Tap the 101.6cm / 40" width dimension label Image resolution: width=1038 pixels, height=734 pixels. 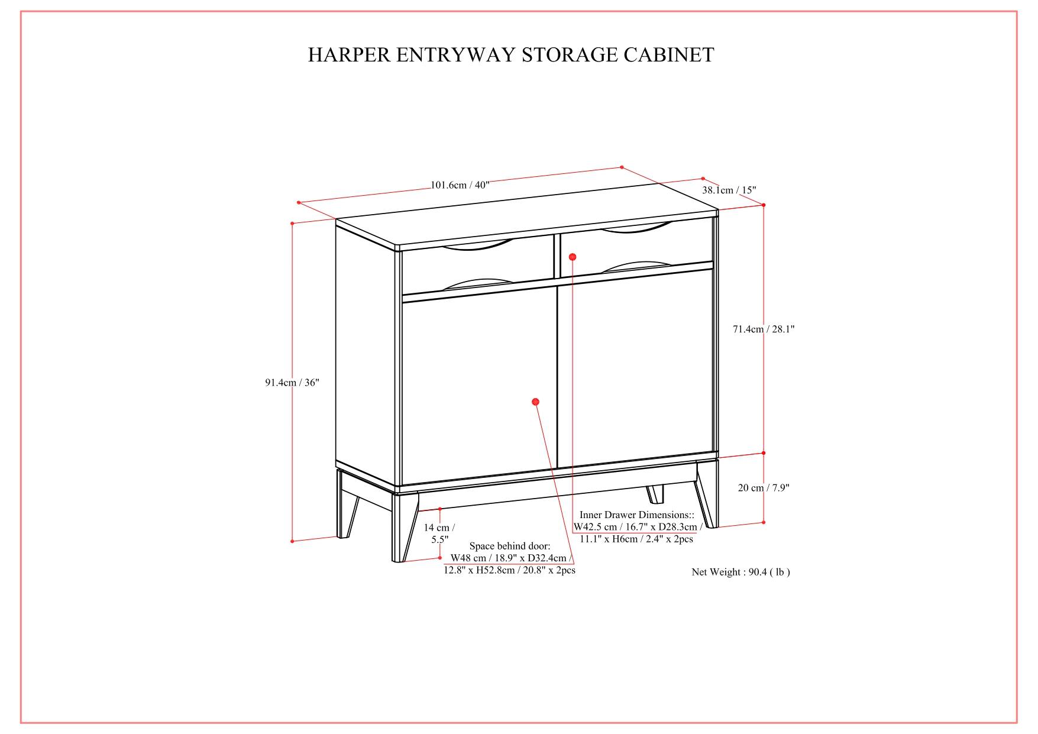[x=460, y=185]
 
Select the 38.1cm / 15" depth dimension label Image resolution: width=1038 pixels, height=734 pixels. [x=729, y=190]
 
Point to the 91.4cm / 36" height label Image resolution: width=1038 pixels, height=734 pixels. [x=292, y=383]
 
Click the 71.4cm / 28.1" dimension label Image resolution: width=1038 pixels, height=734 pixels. [x=764, y=329]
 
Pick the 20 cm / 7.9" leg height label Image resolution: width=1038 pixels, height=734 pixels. [x=764, y=488]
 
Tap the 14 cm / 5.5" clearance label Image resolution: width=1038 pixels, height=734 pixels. [x=439, y=533]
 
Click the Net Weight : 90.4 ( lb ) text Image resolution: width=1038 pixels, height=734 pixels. [x=740, y=572]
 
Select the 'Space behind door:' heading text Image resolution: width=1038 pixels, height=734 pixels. [x=509, y=546]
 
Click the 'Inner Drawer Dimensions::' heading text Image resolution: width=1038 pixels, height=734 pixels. [x=636, y=515]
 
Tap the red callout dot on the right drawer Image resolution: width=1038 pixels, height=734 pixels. [x=572, y=257]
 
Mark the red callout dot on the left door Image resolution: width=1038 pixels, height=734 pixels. [x=535, y=402]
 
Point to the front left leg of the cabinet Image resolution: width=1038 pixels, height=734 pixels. [x=404, y=526]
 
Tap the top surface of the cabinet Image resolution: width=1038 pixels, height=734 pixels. [x=526, y=219]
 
